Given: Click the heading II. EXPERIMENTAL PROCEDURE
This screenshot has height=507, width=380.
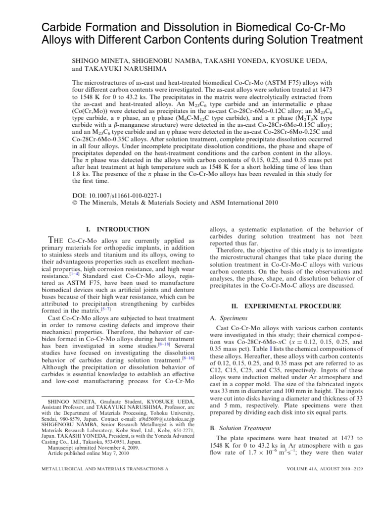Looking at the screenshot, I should click(x=285, y=306).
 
